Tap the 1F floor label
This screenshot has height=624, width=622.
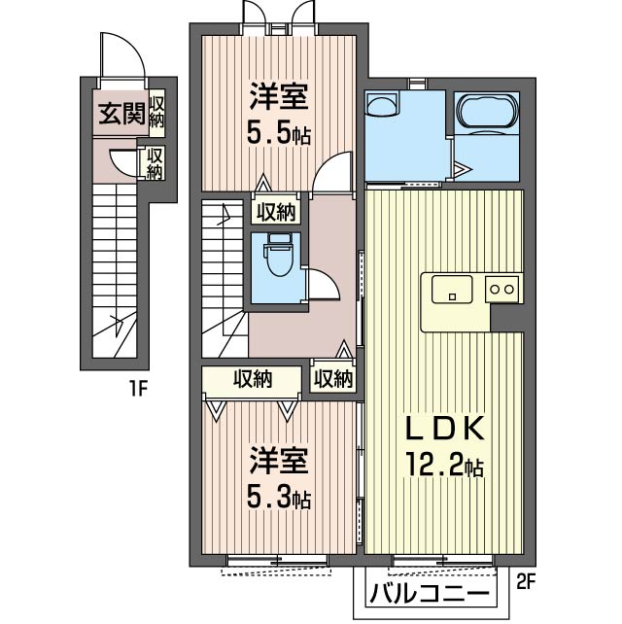tap(139, 388)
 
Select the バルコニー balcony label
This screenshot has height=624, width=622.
tap(430, 594)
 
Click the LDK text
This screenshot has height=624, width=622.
tap(444, 429)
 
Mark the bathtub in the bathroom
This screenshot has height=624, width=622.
tap(488, 111)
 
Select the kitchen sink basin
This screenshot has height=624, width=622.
tap(452, 290)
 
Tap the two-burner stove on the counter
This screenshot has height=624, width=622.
tap(501, 289)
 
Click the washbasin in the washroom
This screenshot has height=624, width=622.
tap(382, 104)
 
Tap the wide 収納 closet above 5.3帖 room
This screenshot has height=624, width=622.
tap(252, 379)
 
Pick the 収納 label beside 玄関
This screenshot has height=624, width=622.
tap(156, 112)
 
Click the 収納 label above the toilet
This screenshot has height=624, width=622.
tap(276, 212)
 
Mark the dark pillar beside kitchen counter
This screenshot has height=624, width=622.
tap(506, 318)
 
